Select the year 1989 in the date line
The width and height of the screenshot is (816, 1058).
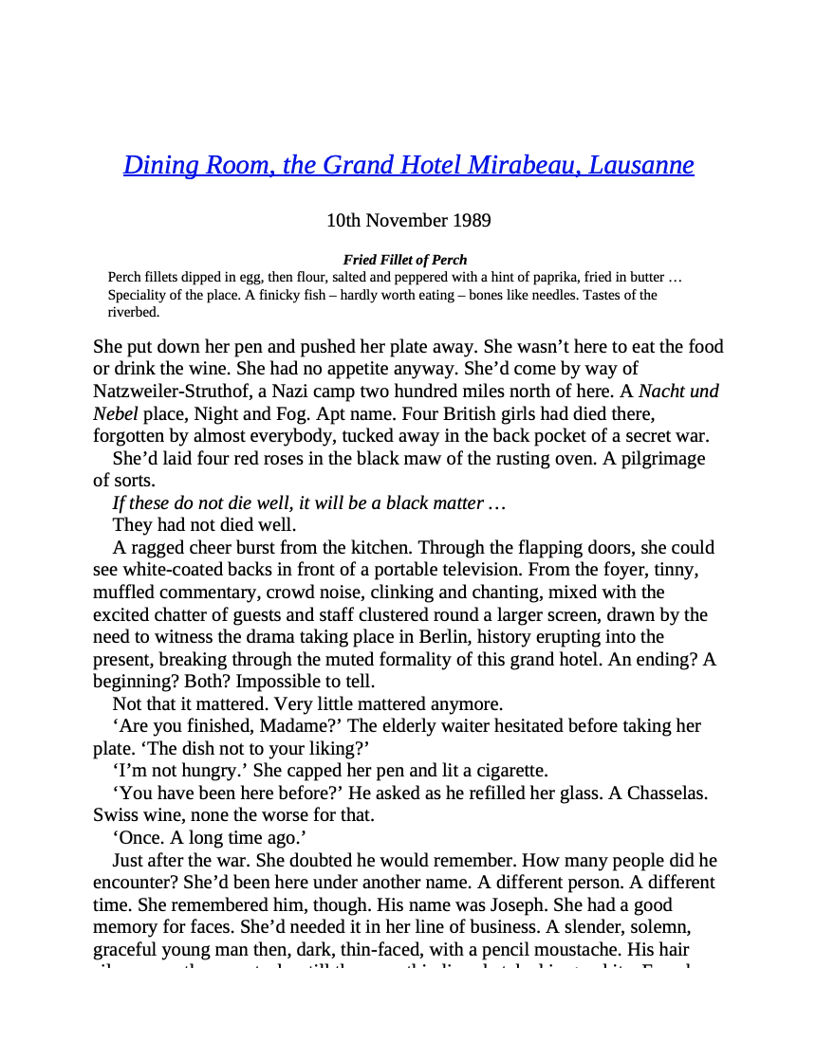(472, 221)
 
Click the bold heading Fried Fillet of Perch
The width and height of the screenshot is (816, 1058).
(405, 260)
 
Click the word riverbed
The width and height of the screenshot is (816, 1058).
(133, 312)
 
